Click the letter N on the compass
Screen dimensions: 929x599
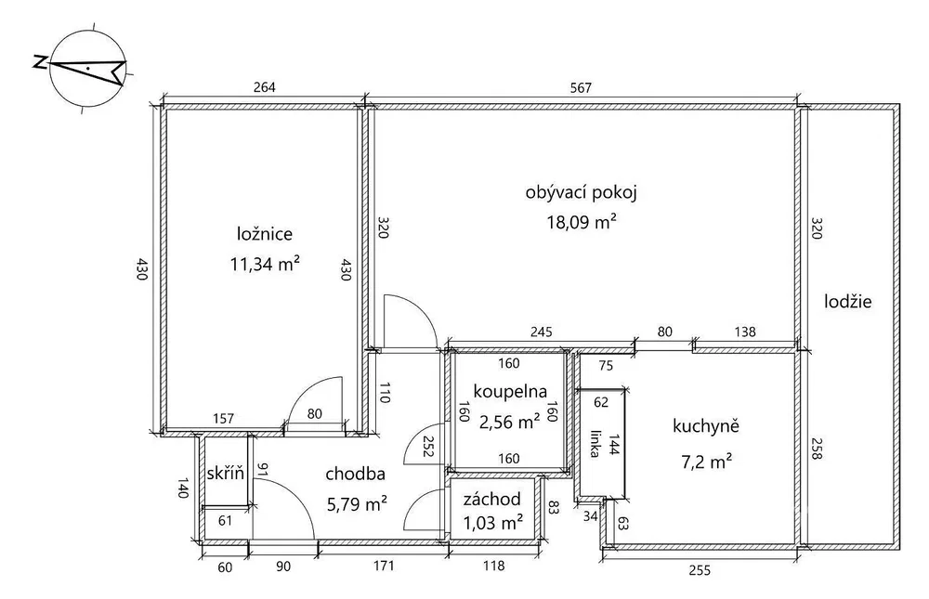click(x=40, y=62)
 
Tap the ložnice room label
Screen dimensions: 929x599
click(x=264, y=233)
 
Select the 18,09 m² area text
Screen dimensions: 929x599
click(x=581, y=222)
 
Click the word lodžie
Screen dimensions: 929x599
click(x=848, y=302)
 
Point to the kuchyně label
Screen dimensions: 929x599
click(x=706, y=426)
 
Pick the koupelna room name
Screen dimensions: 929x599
click(x=510, y=392)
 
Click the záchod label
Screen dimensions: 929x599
click(x=491, y=499)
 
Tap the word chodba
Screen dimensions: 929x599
click(x=356, y=474)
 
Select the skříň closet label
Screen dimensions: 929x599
click(x=225, y=473)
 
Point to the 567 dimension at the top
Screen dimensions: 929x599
click(x=581, y=87)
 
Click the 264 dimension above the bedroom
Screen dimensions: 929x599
click(x=264, y=87)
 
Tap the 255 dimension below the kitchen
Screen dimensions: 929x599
click(x=700, y=570)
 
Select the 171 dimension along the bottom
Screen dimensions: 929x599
click(x=384, y=566)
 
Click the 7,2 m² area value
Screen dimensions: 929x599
click(x=705, y=461)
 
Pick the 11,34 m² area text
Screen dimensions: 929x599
click(x=264, y=264)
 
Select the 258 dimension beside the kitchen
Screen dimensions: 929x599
click(x=816, y=449)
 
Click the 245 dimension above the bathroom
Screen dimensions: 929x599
click(x=541, y=332)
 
